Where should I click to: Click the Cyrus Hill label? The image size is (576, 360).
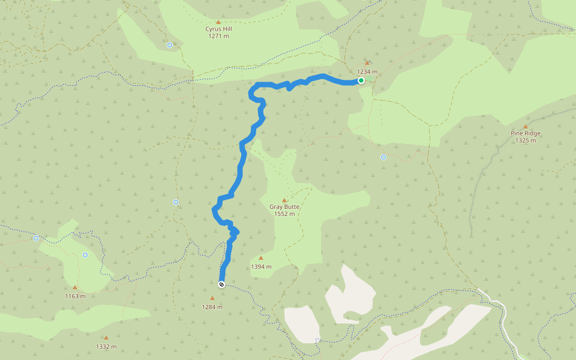(x=218, y=29)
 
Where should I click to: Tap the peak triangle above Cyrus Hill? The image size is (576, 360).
(x=218, y=22)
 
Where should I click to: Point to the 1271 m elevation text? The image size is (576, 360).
(x=218, y=36)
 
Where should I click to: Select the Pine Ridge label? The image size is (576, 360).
(x=525, y=133)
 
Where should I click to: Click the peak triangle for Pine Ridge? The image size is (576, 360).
(x=526, y=126)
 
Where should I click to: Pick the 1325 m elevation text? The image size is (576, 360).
(x=525, y=140)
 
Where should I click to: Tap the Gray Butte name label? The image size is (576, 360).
(x=284, y=207)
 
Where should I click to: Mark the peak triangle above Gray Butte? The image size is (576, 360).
(x=284, y=200)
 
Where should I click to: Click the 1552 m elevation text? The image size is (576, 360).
(x=284, y=214)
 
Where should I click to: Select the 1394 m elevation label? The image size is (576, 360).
(x=261, y=267)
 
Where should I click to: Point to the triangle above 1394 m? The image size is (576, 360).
(x=260, y=258)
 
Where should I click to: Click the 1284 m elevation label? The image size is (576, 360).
(x=212, y=307)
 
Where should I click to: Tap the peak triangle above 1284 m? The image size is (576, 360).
(x=212, y=298)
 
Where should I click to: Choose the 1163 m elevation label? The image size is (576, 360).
(x=75, y=296)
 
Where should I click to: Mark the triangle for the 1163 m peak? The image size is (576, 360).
(x=75, y=287)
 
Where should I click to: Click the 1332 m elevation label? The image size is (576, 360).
(x=106, y=347)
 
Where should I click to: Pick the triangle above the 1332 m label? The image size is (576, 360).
(x=106, y=338)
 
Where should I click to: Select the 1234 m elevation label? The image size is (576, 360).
(x=367, y=72)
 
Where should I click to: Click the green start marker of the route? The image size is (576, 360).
(x=361, y=80)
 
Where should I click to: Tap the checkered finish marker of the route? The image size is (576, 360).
(x=221, y=284)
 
